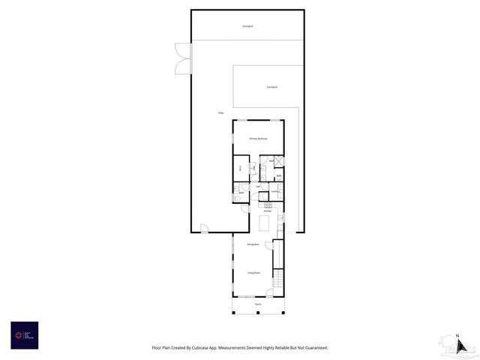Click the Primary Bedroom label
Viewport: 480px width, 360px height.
(x=258, y=139)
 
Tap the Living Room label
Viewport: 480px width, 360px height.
(x=254, y=273)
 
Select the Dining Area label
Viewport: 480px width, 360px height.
(x=253, y=244)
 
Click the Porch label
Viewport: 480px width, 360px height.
(x=258, y=304)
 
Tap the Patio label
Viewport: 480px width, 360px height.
(x=221, y=113)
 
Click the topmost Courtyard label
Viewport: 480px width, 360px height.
(x=247, y=26)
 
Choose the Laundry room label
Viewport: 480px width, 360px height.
(x=274, y=192)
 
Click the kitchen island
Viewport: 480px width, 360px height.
(x=264, y=223)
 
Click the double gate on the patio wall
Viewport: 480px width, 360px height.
(x=184, y=58)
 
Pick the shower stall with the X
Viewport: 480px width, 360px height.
(x=278, y=160)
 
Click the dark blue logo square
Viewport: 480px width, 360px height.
(x=24, y=335)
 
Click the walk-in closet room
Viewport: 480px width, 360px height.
(x=241, y=169)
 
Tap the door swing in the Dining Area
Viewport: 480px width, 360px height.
(x=269, y=245)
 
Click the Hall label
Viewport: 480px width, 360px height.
(x=258, y=186)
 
